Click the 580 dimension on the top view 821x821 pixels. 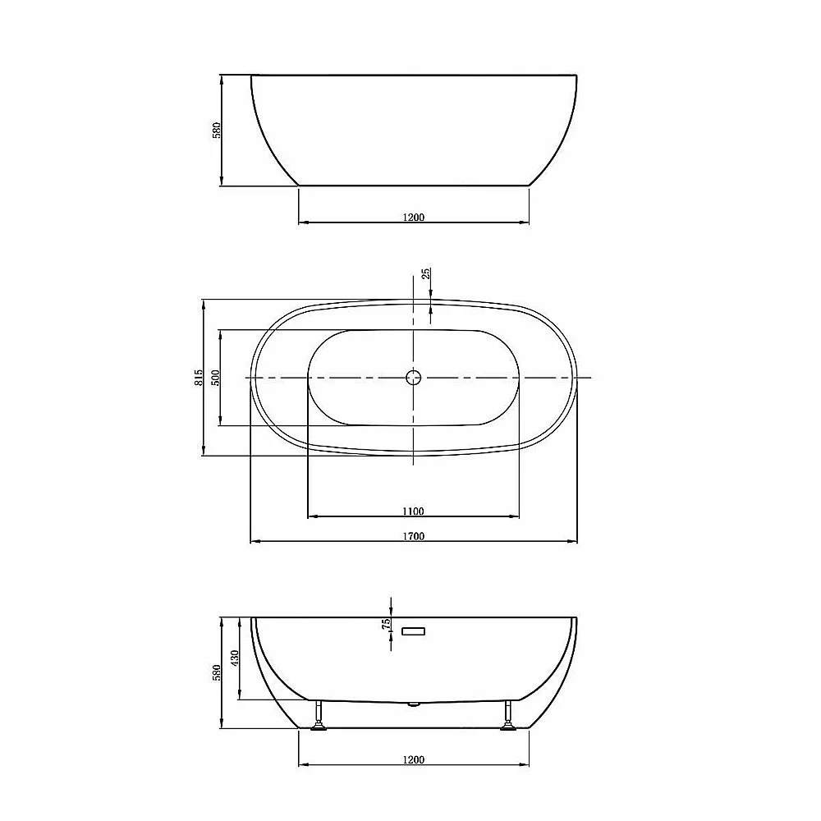point(217,130)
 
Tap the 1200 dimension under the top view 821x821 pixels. point(414,217)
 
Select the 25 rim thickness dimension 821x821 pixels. point(427,273)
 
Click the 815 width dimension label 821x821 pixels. point(199,378)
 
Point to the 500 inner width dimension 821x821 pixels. point(216,378)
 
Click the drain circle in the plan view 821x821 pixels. point(414,377)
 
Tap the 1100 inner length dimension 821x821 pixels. point(413,511)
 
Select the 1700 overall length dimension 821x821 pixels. point(414,536)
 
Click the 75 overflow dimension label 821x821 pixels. point(387,624)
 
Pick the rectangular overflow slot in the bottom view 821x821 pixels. point(413,631)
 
